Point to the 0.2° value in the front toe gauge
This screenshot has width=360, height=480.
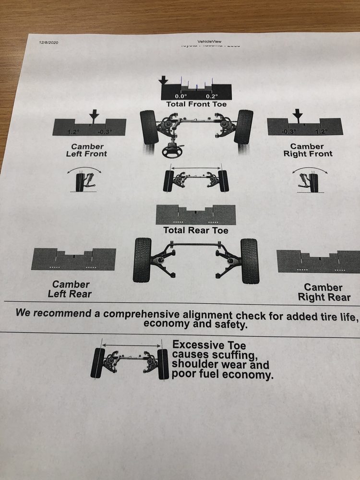212,96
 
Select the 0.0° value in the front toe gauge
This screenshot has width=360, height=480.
180,96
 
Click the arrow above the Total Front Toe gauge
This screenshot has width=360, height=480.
164,79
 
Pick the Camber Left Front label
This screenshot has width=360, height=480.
87,150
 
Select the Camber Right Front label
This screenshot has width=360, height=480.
307,150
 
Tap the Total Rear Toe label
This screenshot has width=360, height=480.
195,230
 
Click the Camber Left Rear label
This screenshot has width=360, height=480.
70,289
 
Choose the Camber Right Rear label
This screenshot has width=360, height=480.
324,292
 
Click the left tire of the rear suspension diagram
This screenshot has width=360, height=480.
142,260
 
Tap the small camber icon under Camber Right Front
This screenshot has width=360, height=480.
309,180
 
